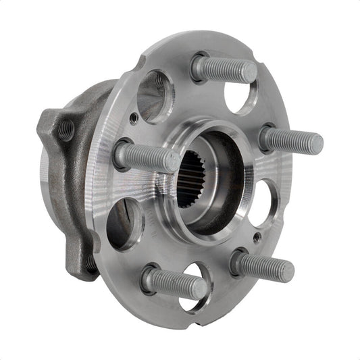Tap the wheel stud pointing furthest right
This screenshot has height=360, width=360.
click(x=292, y=140)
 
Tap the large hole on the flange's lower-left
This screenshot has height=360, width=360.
click(x=124, y=224)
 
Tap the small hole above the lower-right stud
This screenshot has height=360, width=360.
click(x=256, y=238)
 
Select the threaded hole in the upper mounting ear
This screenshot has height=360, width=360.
click(x=65, y=128)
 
